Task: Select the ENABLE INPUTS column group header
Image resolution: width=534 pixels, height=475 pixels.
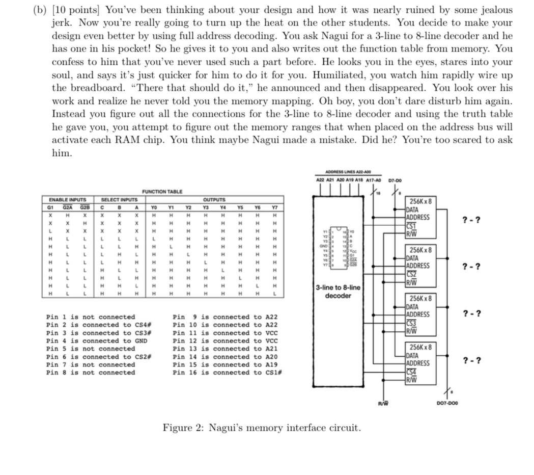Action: (67, 200)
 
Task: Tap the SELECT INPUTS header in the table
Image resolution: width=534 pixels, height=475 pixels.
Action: (119, 200)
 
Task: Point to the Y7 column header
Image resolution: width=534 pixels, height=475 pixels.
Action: (274, 207)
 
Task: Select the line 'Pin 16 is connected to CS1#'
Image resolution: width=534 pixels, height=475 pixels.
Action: (228, 373)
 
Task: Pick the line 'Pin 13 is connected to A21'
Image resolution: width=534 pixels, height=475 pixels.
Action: (225, 349)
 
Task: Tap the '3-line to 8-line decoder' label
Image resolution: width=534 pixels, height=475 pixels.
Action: (338, 292)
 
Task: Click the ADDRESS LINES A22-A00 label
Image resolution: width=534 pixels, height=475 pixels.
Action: (349, 172)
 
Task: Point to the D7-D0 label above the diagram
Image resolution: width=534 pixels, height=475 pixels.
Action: (395, 179)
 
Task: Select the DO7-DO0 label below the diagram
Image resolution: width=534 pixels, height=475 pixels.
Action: (447, 404)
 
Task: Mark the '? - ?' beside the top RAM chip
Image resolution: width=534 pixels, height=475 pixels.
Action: (470, 220)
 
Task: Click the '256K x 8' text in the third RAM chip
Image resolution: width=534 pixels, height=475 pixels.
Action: (420, 299)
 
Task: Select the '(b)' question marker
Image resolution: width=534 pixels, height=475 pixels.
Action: (40, 10)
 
